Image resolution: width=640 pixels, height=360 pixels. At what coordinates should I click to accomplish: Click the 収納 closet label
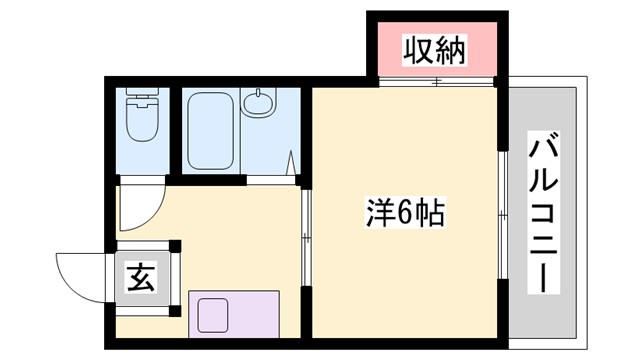436,50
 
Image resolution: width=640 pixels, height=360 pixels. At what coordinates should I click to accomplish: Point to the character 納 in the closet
452,50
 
